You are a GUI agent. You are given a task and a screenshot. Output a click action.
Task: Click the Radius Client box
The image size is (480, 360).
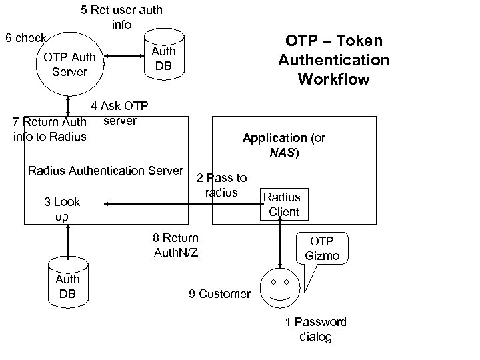coord(283,205)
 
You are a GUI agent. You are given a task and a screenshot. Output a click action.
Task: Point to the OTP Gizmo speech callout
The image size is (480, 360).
coord(322,250)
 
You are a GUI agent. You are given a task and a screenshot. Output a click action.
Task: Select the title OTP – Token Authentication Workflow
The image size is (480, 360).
coord(333,61)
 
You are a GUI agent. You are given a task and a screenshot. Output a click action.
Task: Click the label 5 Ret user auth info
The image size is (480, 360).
coord(121,17)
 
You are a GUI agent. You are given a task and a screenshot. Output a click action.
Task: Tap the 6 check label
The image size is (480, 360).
coord(26,38)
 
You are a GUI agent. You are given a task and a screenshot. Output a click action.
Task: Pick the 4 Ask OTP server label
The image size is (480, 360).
coord(120,113)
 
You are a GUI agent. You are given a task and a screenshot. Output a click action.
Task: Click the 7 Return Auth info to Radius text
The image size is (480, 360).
coord(49,129)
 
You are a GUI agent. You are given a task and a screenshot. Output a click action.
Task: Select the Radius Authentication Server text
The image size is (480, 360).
coord(105,171)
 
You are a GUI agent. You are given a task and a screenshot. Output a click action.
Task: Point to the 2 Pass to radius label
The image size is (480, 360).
coord(222,185)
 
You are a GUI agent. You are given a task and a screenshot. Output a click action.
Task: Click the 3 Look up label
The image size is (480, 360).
coord(61,209)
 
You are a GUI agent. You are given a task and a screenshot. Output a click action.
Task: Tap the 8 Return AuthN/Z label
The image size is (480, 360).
coord(176,245)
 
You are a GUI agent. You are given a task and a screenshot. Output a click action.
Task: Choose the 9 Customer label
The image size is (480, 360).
coord(219,294)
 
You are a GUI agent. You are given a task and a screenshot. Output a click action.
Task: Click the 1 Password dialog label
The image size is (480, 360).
coord(316,329)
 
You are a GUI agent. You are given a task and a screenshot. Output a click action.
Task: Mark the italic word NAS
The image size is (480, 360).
coord(283,153)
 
